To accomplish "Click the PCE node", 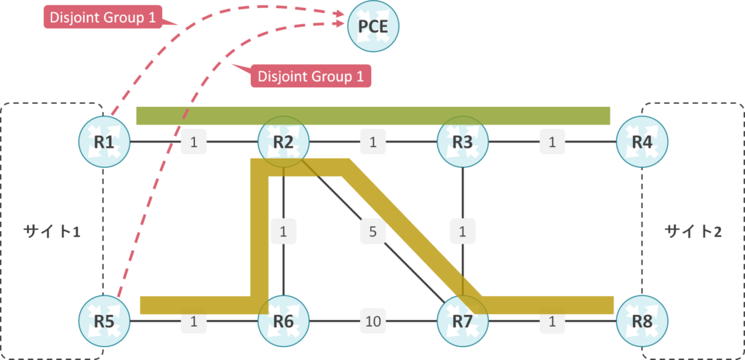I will point(375,26).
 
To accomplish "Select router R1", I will point(104,141).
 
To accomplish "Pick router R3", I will point(463,141).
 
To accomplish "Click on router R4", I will point(642,141).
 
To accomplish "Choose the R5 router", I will point(104,321).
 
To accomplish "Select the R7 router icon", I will point(463,321).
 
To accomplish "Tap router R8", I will point(642,321).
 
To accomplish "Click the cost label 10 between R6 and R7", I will point(373,321).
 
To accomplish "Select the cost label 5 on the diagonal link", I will point(372,233).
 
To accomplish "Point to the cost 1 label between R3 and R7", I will point(463,233).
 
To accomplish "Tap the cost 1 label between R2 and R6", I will point(284,233).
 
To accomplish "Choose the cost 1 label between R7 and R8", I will point(551,321).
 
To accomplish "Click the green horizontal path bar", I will point(373,116).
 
